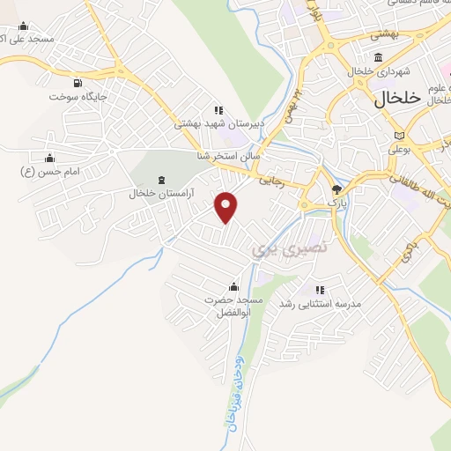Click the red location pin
click(x=227, y=208)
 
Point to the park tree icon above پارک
click(x=336, y=189)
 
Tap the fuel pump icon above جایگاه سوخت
click(x=78, y=83)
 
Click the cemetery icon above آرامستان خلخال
click(x=160, y=180)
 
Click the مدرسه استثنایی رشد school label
click(x=321, y=303)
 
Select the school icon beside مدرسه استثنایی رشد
click(x=321, y=289)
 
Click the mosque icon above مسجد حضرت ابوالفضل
click(x=233, y=286)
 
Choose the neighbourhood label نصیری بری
click(x=290, y=249)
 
